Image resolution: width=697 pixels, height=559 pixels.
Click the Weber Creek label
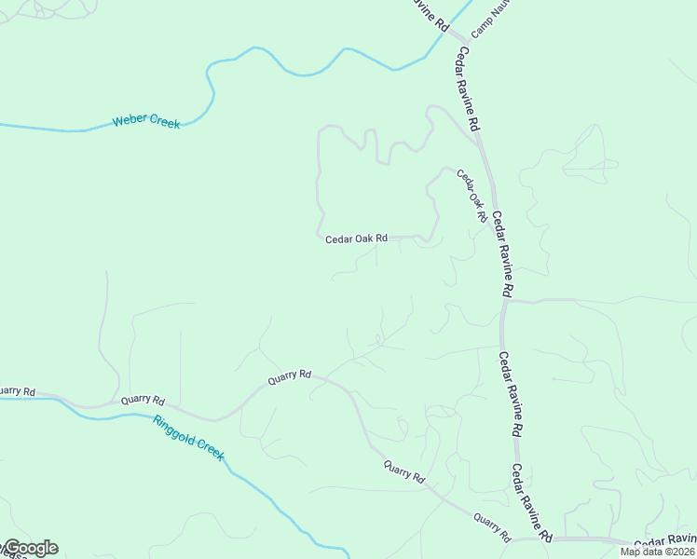(x=146, y=122)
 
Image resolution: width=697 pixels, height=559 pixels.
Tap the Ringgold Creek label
(x=189, y=437)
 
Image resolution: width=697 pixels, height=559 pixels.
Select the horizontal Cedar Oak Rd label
(x=356, y=239)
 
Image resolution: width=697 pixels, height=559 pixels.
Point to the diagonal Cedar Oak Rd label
(x=471, y=195)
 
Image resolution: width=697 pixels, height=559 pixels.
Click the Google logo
(x=30, y=548)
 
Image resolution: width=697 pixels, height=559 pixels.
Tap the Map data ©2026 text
(x=657, y=552)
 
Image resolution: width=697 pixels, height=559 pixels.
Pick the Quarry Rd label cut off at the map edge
(x=17, y=391)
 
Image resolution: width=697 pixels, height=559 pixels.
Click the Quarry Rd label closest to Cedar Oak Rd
(x=289, y=376)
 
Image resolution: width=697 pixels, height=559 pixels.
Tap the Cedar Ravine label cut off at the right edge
(x=664, y=540)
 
